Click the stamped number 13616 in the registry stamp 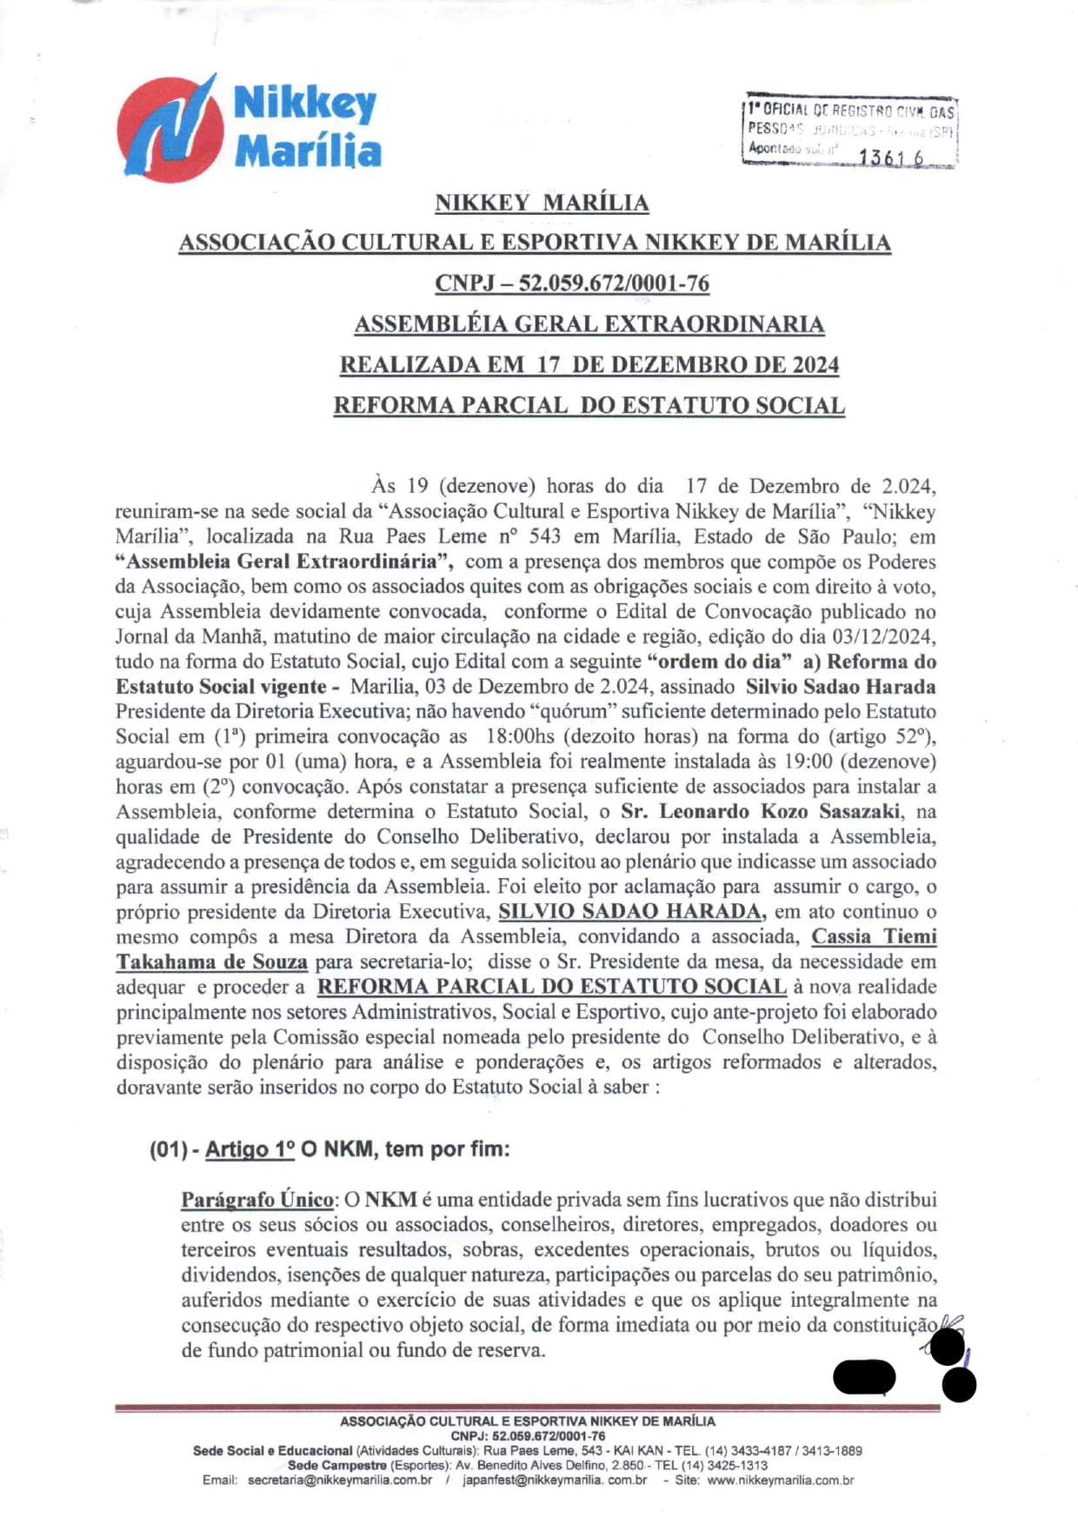point(891,157)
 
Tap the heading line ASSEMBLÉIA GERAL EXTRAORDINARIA point(589,324)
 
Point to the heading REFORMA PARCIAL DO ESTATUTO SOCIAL point(589,405)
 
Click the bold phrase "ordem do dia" point(720,662)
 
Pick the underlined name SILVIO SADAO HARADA point(631,912)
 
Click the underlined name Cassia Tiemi point(874,937)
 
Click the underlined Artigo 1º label point(250,1149)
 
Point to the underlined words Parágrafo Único point(257,1200)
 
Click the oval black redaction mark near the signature point(864,1377)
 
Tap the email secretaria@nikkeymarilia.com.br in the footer point(340,1480)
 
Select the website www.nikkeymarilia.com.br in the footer point(780,1480)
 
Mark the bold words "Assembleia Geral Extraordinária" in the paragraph point(284,562)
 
